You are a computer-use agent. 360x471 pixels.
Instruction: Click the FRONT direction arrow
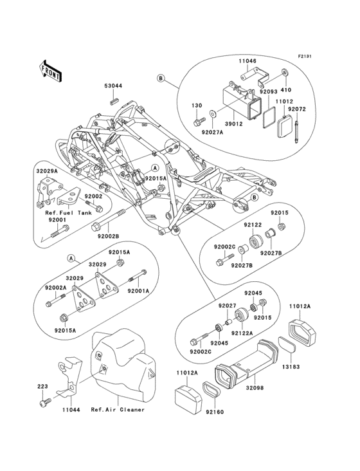(50, 70)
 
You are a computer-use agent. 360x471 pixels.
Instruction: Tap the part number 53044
(113, 86)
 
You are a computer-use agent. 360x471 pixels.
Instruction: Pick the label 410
(285, 91)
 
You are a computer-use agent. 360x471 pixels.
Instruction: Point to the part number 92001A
(138, 291)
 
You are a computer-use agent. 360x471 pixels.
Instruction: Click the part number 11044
(71, 409)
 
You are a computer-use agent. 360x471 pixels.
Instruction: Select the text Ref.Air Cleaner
(118, 409)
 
